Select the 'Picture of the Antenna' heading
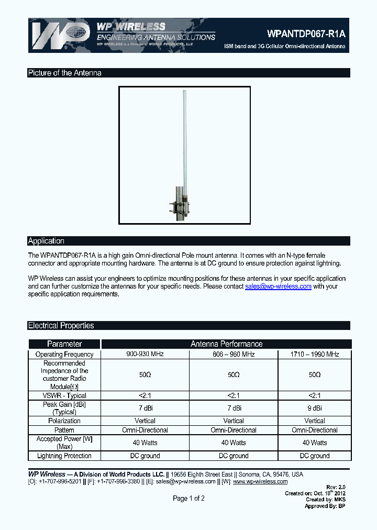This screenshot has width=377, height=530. [64, 73]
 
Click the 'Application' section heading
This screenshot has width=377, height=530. [46, 241]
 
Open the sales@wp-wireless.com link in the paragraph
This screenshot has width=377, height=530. [278, 286]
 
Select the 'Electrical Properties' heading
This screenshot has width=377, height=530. [61, 326]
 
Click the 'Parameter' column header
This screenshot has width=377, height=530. [64, 344]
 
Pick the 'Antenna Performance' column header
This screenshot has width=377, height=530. [226, 344]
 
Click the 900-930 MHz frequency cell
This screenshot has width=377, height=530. [145, 354]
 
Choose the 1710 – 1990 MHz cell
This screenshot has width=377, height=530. [315, 355]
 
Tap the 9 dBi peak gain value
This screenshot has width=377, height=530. [315, 408]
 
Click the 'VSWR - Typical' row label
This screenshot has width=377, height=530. [64, 395]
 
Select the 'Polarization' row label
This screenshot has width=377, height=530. [64, 421]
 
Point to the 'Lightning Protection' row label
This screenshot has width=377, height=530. [64, 456]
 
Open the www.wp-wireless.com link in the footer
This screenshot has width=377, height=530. [260, 481]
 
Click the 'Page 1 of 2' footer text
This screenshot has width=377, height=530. [188, 499]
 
